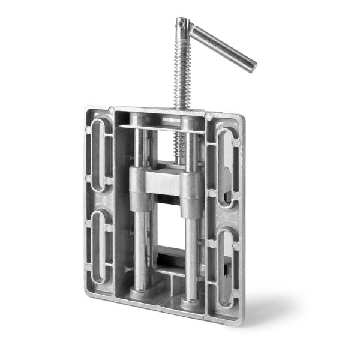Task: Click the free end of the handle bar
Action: (251, 65)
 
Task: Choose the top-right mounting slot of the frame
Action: (226, 162)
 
